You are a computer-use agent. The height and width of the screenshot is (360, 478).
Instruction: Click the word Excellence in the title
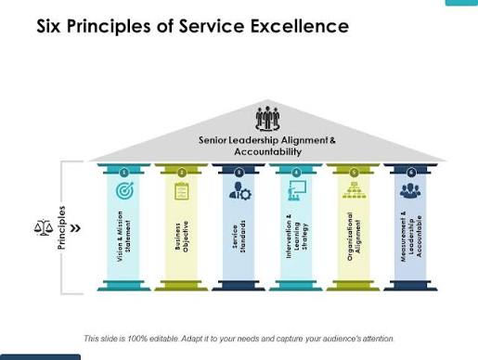(300, 26)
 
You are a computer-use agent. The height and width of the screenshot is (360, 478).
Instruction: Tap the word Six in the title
(49, 26)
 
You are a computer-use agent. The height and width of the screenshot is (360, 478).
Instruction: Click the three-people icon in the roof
(267, 119)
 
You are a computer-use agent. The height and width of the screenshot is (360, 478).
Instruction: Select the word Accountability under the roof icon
(268, 151)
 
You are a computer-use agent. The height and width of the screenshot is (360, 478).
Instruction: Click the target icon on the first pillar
(124, 190)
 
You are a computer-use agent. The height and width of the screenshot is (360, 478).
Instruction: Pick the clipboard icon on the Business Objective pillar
(182, 191)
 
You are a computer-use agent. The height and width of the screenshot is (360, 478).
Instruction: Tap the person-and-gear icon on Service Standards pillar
(239, 191)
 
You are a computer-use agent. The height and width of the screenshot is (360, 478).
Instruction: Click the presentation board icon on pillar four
(297, 190)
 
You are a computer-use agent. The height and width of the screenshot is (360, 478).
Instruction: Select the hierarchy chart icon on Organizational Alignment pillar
(355, 190)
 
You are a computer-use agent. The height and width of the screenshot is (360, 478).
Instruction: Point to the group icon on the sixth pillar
(410, 190)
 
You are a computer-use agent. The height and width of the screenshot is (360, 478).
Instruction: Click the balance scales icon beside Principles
(44, 227)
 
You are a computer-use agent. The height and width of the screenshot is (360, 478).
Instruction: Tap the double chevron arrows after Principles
(75, 228)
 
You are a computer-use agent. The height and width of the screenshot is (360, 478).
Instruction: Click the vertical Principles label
(62, 228)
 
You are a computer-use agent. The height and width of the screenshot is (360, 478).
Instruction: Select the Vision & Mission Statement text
(124, 237)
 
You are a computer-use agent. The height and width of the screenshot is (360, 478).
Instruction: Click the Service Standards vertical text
(239, 237)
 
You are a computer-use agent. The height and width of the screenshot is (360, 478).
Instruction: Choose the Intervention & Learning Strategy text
(297, 237)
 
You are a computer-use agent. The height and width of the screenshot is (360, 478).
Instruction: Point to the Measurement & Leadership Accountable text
(411, 237)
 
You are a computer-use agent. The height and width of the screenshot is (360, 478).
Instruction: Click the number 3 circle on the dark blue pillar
(239, 173)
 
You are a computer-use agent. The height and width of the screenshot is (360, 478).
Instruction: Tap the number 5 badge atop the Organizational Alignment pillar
(354, 173)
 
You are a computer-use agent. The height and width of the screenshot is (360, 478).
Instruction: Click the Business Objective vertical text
(182, 237)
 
